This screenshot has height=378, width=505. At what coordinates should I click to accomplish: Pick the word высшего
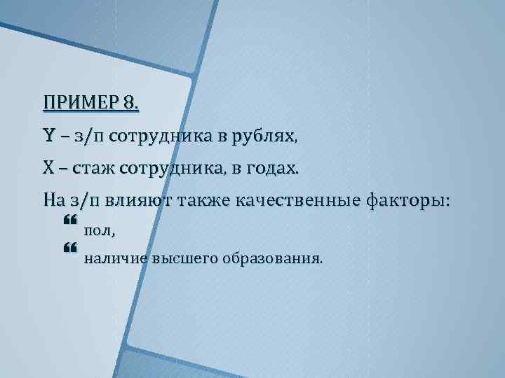187,259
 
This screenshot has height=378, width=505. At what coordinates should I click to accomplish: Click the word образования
274,259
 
